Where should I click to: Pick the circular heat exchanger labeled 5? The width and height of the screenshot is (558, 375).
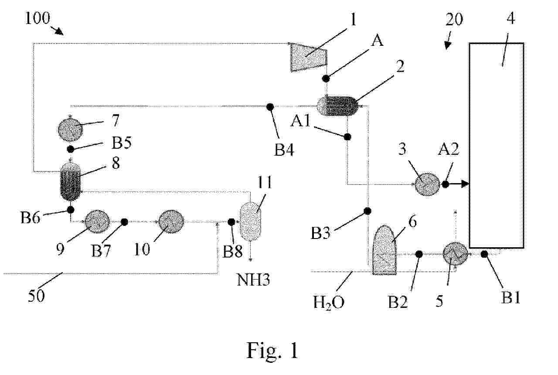pyautogui.click(x=455, y=254)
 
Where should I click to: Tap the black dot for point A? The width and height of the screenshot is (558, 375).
pyautogui.click(x=326, y=78)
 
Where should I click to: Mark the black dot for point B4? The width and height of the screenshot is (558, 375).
pyautogui.click(x=270, y=106)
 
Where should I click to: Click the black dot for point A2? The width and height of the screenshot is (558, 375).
pyautogui.click(x=445, y=184)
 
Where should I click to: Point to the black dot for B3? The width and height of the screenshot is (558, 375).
pyautogui.click(x=367, y=211)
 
